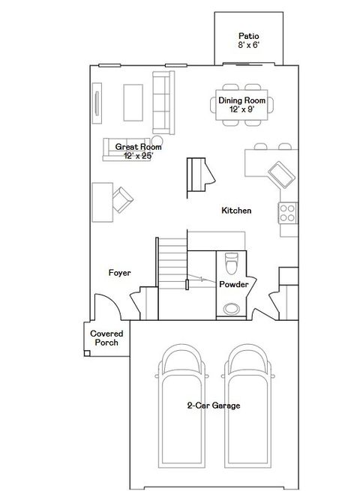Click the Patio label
tap(248, 35)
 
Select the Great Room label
tap(134, 147)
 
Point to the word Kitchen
tap(236, 211)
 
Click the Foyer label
tap(120, 273)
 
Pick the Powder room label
tap(233, 285)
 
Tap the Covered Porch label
tap(106, 338)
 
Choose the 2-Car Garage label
tap(214, 406)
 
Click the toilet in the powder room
tap(231, 264)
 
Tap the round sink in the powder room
tap(232, 306)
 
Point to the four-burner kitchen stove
tap(287, 212)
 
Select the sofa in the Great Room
tap(160, 102)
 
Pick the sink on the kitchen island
tap(281, 174)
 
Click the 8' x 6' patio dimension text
tap(248, 45)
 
